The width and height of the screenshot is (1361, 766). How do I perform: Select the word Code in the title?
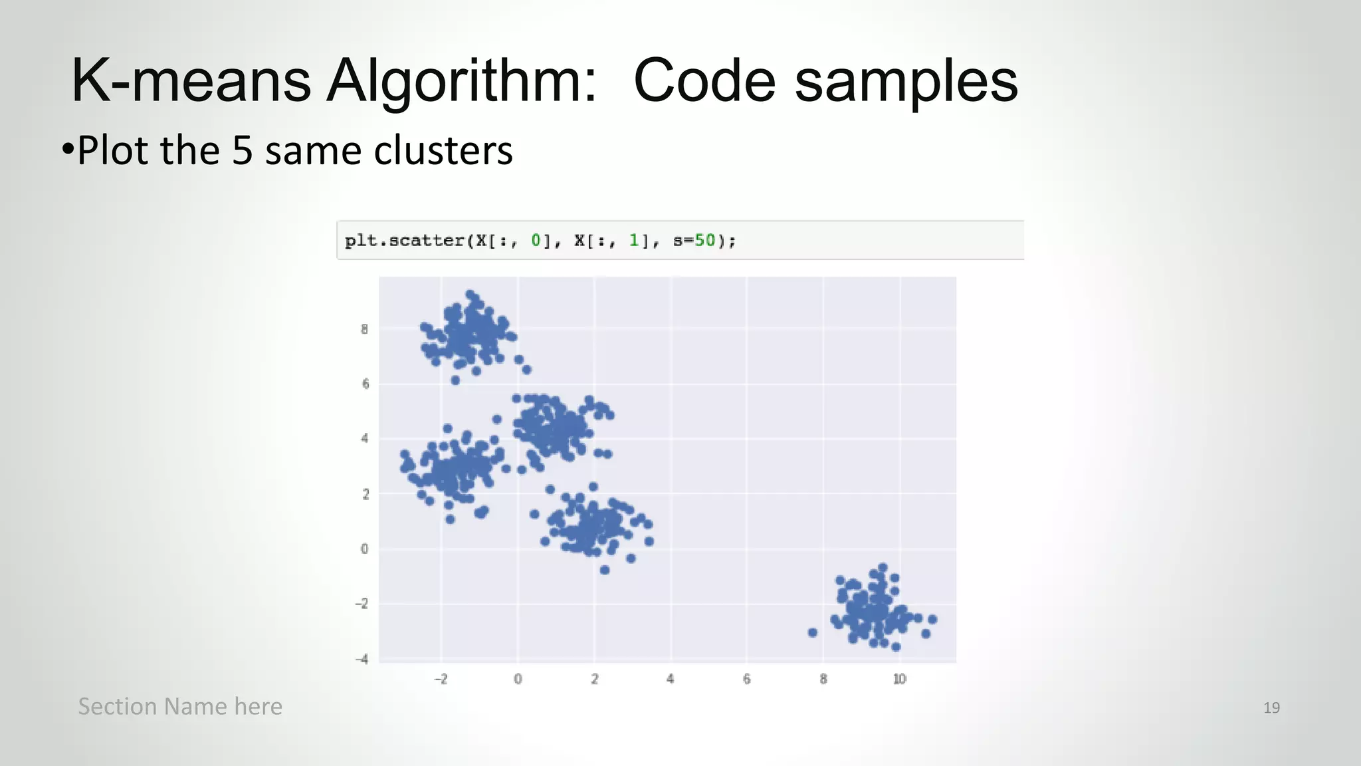[704, 81]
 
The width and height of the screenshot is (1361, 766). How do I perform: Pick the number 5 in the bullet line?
[243, 151]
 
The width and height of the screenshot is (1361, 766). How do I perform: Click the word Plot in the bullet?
[112, 151]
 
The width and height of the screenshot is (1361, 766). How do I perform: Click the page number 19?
[1271, 707]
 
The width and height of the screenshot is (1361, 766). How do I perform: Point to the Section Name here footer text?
[180, 706]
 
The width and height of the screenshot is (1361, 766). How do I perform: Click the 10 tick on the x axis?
[899, 679]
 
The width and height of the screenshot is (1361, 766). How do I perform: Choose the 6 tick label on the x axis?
[747, 679]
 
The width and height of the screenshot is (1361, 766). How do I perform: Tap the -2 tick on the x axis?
[441, 679]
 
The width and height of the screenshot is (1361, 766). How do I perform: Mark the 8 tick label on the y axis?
[364, 329]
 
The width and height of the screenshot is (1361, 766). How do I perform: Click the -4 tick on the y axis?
[362, 659]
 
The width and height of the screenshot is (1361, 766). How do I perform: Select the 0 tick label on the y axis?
[364, 549]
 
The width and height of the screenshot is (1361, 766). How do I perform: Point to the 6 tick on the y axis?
[365, 384]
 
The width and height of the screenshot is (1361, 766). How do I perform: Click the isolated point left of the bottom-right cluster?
[812, 632]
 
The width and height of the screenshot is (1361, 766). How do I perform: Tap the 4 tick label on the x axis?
[671, 679]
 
